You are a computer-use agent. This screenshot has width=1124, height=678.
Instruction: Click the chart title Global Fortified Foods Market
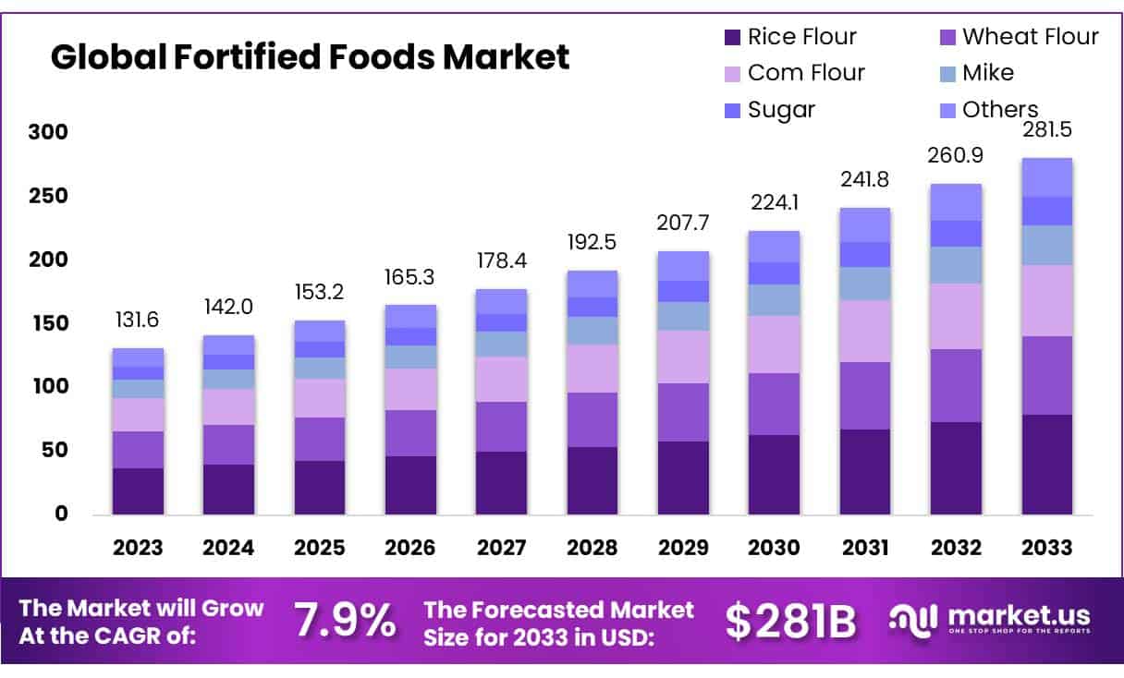click(x=310, y=57)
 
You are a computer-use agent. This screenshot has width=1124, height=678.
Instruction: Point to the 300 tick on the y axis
click(x=47, y=132)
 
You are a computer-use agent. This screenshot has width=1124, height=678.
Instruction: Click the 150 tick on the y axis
click(x=47, y=323)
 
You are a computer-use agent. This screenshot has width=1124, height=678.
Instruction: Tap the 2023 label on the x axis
click(x=138, y=547)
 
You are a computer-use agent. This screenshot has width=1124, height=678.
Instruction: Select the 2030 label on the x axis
click(x=774, y=547)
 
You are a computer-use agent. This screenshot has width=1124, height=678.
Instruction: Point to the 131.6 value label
click(x=138, y=321)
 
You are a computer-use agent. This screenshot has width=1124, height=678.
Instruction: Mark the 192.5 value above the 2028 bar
click(x=592, y=243)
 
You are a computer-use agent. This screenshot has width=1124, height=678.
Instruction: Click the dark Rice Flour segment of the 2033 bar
click(x=1046, y=464)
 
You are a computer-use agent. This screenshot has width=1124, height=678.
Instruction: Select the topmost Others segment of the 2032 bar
click(x=956, y=201)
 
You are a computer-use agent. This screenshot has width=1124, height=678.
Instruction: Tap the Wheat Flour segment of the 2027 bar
click(x=501, y=426)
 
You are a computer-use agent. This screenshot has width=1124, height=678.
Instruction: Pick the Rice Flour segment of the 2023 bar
click(x=138, y=490)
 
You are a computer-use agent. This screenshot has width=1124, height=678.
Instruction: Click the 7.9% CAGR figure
click(x=345, y=621)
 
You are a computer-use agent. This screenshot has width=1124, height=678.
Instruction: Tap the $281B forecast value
click(x=790, y=621)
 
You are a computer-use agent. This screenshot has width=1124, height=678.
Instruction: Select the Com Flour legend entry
click(x=805, y=72)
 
